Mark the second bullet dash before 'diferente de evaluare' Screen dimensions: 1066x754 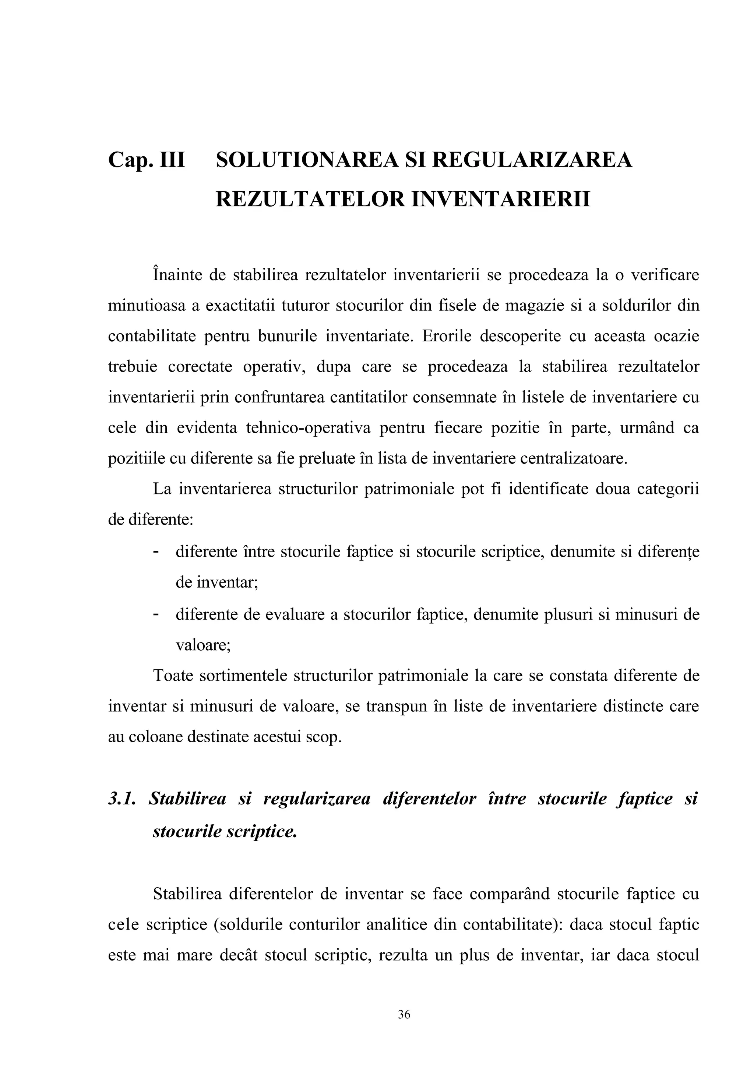(x=156, y=614)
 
